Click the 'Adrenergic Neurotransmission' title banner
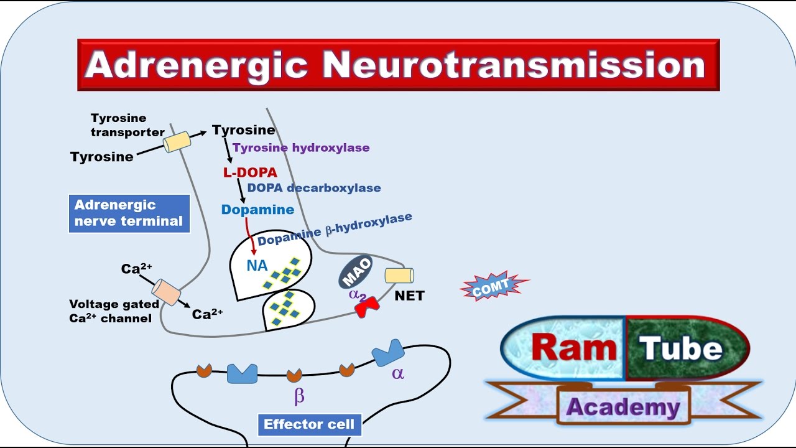coord(399,65)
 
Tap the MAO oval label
coord(356,272)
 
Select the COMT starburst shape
coord(494,286)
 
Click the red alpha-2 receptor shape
coord(367,307)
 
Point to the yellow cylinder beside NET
coord(399,276)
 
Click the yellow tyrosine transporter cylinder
coord(177,141)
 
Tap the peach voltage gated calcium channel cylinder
coord(166,292)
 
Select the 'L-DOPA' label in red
coord(250,172)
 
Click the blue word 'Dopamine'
coord(257,210)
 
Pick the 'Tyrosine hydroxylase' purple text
coord(301,147)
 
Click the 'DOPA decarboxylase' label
coord(314,188)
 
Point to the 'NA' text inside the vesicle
coord(257,266)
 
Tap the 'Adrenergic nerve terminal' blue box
coord(129,213)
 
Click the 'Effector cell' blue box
coord(309,424)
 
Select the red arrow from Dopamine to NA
coord(250,236)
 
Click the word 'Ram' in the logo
coord(574,348)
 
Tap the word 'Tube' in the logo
coord(680,348)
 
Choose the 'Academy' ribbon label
coord(623,408)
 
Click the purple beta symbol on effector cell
coord(299,396)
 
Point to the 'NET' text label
coord(409,296)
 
